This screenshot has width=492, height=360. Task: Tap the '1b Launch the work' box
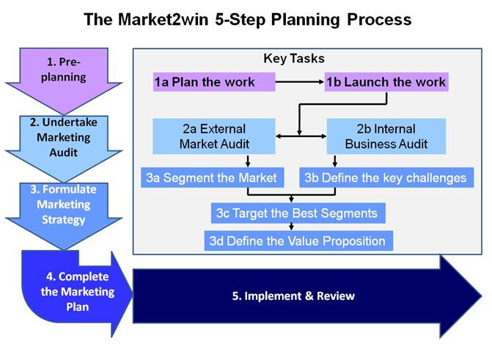[x=386, y=82]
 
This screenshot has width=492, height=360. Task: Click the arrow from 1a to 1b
[x=300, y=82]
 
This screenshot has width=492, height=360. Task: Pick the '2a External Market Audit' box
[x=214, y=136]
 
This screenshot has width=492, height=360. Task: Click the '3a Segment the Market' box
[x=211, y=177]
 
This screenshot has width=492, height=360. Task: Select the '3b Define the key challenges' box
[x=386, y=177]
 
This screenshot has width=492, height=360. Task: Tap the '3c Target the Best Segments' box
[x=297, y=213]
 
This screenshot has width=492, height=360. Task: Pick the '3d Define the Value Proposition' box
[x=297, y=240]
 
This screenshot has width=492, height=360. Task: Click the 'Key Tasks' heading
[x=293, y=59]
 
